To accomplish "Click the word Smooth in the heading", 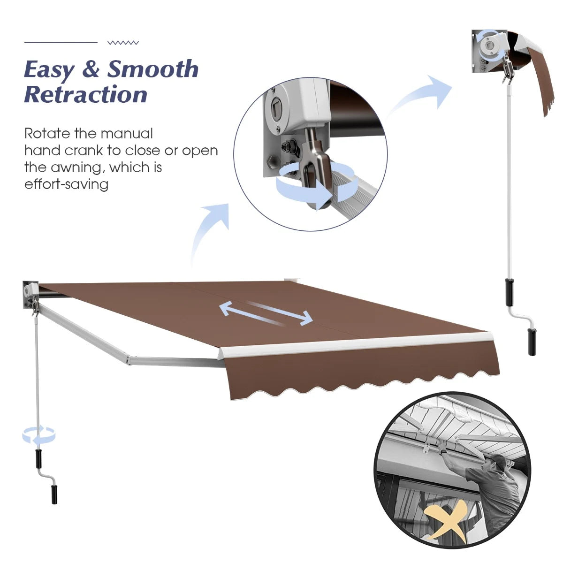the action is pos(153,69).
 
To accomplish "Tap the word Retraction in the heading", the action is pos(85,94).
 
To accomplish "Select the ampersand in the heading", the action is pos(91,69).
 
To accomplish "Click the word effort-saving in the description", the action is pos(66,184).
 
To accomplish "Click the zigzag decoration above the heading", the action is pos(123,43).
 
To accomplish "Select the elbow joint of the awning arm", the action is pos(129,359).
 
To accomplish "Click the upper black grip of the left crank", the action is pos(38,459).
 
